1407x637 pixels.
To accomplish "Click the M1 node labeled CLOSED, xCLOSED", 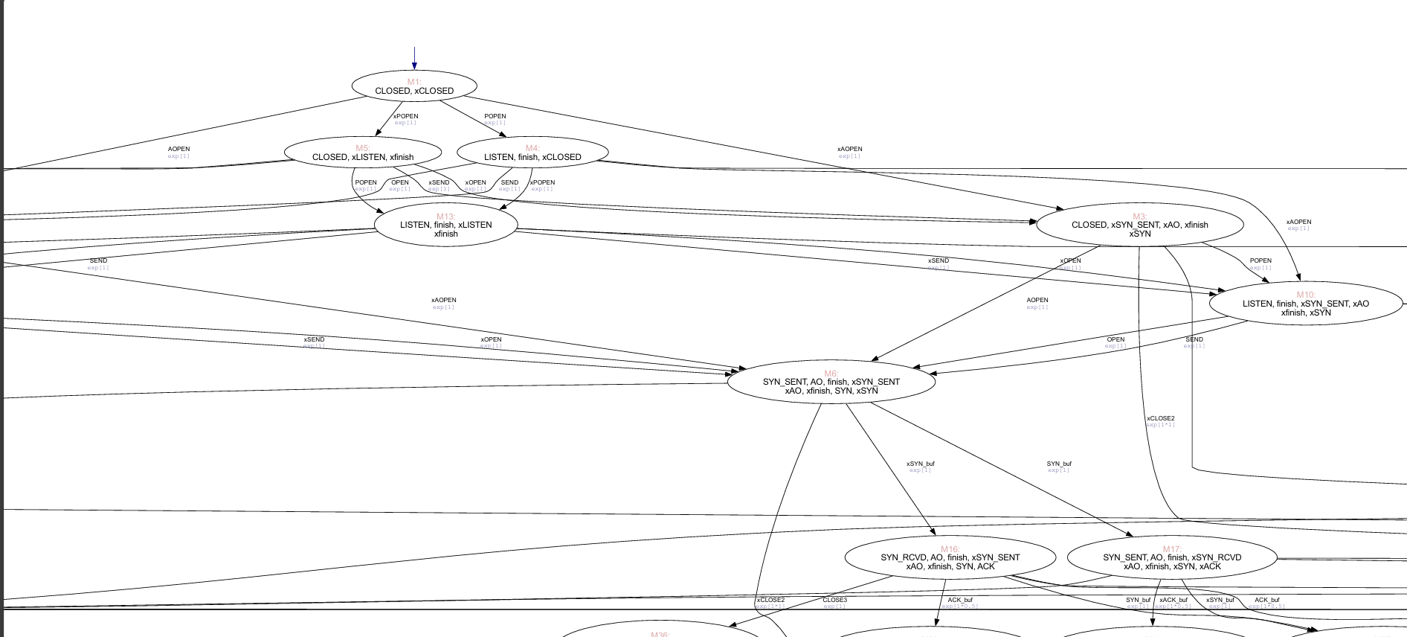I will click(x=414, y=86).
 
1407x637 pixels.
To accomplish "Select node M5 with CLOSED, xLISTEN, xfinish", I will click(x=363, y=153).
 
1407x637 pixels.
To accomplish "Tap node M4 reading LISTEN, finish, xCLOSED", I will click(x=532, y=153).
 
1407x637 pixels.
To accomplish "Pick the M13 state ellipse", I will click(x=445, y=225).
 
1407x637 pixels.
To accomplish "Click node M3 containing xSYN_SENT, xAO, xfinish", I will click(x=1139, y=225).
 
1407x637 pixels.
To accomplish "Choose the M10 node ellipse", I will click(x=1305, y=304).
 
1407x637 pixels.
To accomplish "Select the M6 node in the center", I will click(x=831, y=382).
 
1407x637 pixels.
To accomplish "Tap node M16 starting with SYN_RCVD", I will click(x=950, y=557).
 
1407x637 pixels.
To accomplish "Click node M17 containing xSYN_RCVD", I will click(x=1171, y=557).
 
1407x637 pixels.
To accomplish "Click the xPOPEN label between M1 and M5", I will click(x=405, y=116).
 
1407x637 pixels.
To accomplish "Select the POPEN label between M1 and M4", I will click(x=495, y=116).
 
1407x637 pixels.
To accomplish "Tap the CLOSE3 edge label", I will click(x=834, y=600).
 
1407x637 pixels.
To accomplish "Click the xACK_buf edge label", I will click(x=1173, y=600).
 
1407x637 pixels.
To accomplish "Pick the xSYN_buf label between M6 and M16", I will click(x=920, y=464).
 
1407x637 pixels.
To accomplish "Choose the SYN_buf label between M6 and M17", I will click(x=1058, y=464).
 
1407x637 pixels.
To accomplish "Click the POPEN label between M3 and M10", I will click(x=1260, y=260).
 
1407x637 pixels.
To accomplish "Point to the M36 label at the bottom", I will click(x=660, y=634).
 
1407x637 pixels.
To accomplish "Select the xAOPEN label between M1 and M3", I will click(x=849, y=149).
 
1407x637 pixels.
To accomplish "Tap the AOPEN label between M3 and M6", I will click(x=1037, y=300).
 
